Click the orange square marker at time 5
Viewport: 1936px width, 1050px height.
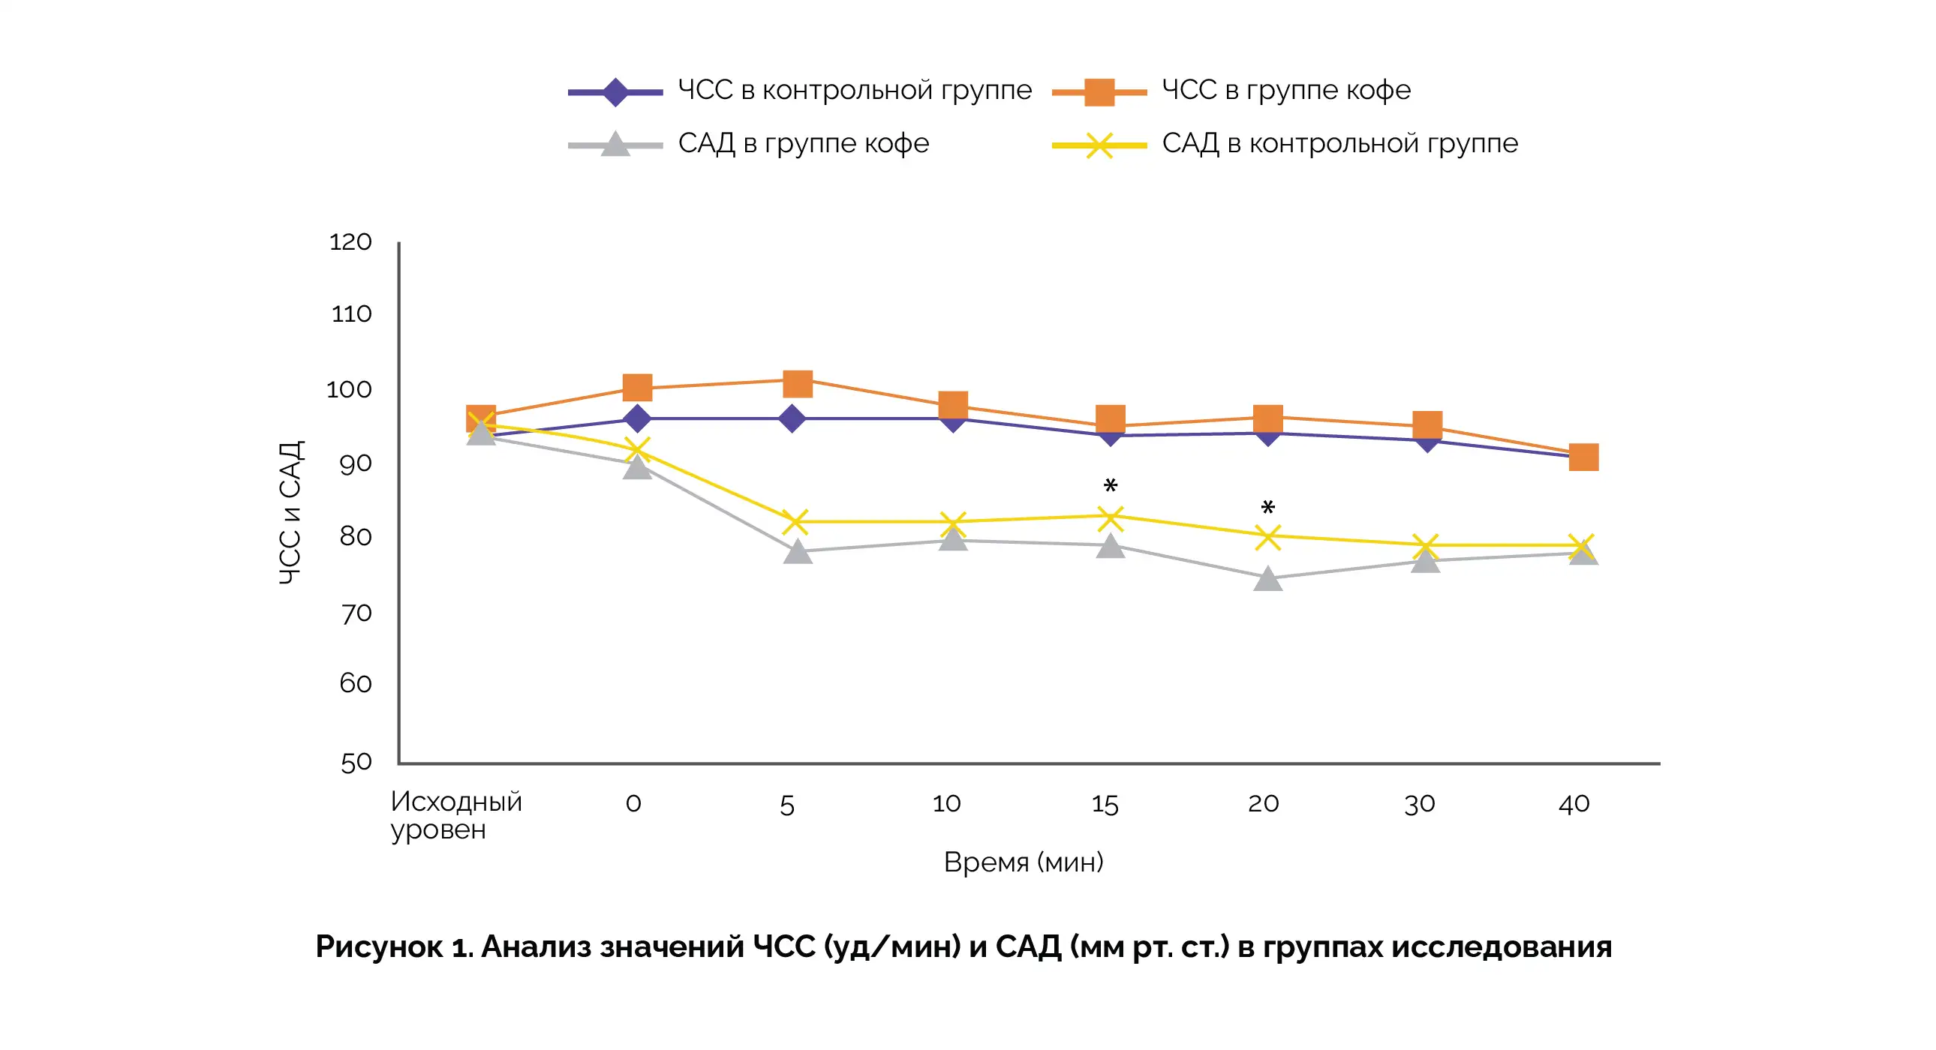(x=798, y=384)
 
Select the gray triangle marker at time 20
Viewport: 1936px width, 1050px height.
(x=1268, y=579)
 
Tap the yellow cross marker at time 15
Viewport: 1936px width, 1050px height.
(x=1110, y=517)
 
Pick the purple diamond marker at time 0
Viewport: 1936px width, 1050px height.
(x=637, y=418)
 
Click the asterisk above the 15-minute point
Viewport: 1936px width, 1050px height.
(x=1111, y=487)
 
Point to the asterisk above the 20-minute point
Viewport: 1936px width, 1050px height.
(x=1268, y=508)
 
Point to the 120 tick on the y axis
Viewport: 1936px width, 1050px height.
(x=350, y=241)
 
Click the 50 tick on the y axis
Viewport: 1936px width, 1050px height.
(x=356, y=762)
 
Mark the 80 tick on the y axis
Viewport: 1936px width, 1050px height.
(x=356, y=536)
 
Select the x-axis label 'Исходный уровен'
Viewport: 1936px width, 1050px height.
(x=455, y=816)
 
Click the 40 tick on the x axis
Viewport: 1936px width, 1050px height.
(x=1574, y=805)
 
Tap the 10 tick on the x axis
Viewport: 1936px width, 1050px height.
(x=946, y=805)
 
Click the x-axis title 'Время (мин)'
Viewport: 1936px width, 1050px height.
(x=1024, y=862)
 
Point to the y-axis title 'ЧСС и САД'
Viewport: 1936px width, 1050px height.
(x=290, y=513)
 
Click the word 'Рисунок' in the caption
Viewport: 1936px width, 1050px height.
(x=379, y=947)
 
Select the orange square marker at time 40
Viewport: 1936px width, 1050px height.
(x=1583, y=457)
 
